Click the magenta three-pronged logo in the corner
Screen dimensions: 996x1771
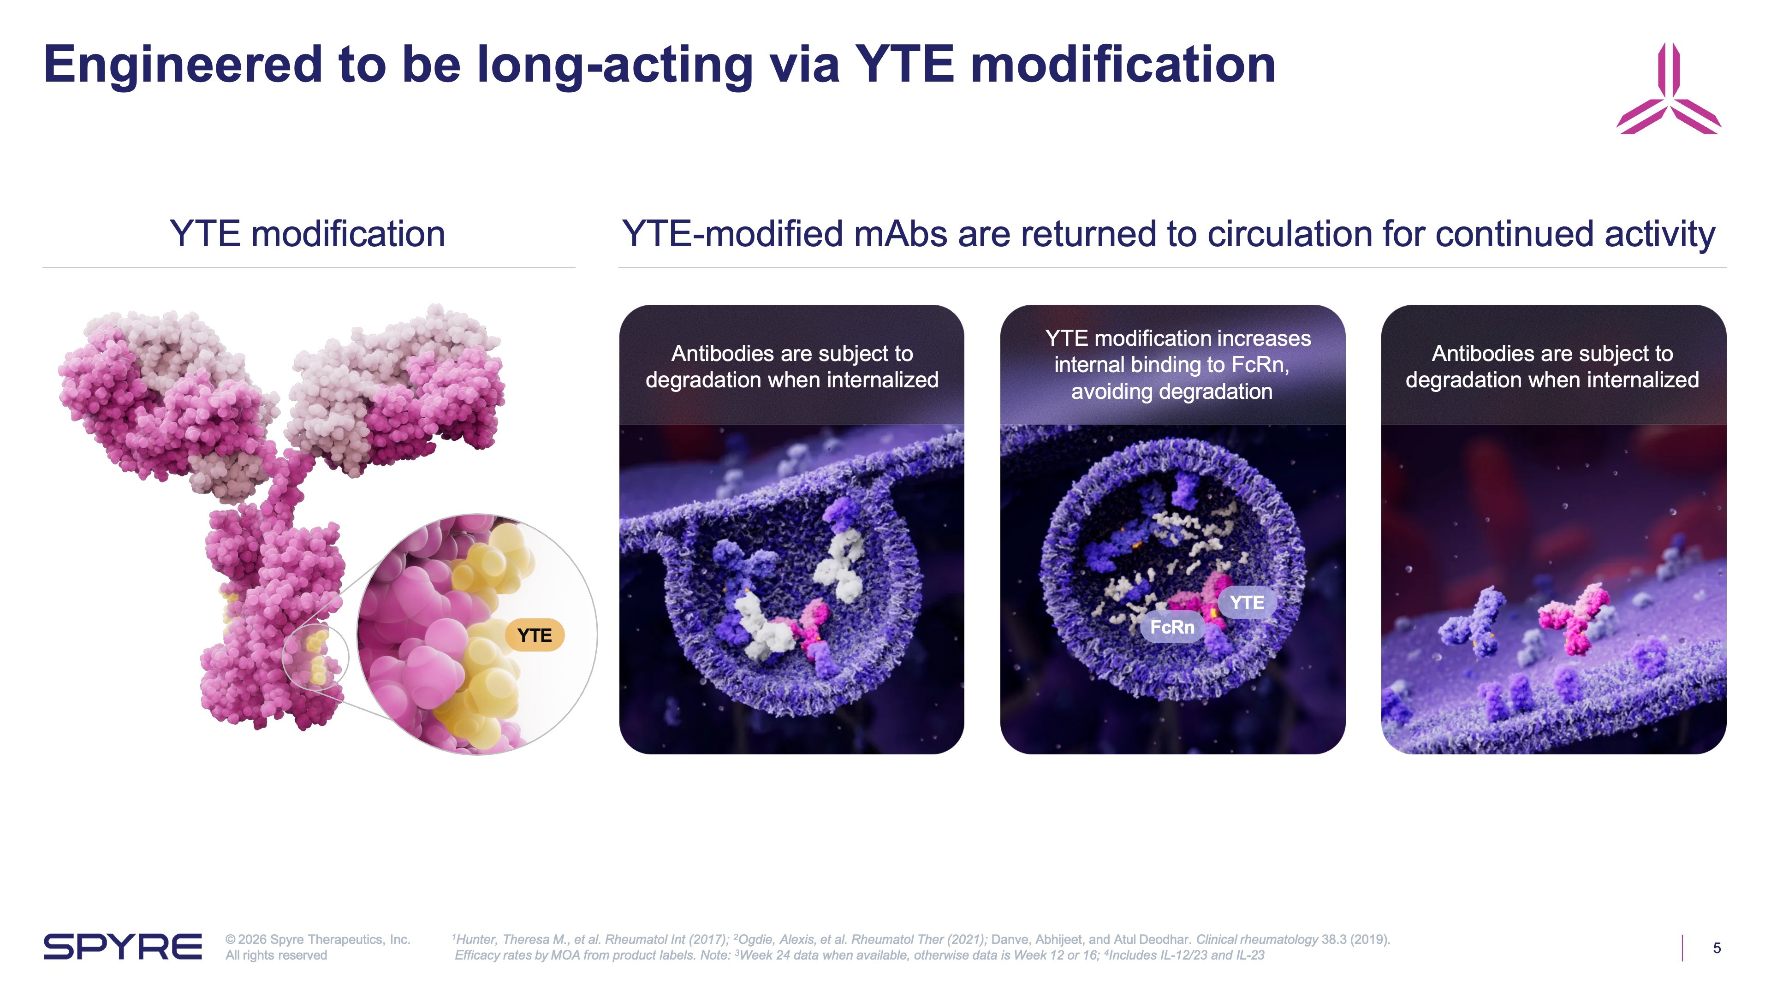(x=1669, y=89)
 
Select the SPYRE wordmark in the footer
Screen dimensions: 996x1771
(x=122, y=947)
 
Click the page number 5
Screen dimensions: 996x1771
(x=1717, y=948)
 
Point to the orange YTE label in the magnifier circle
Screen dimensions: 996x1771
(x=534, y=635)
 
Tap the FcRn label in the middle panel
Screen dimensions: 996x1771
(x=1172, y=627)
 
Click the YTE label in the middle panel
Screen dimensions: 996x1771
(x=1247, y=603)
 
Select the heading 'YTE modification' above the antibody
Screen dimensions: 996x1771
(x=307, y=234)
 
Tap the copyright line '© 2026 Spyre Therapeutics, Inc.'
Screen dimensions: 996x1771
(x=318, y=939)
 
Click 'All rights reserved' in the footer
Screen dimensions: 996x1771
(x=276, y=955)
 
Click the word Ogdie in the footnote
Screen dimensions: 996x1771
(x=756, y=939)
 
